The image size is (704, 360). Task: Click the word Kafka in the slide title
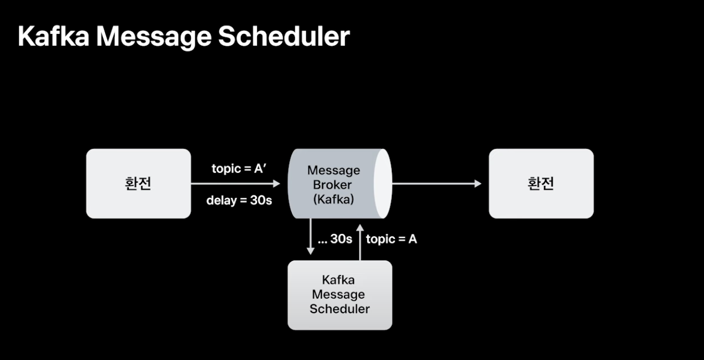[53, 37]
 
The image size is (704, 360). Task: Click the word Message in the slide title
[154, 38]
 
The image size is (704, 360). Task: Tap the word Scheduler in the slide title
[284, 37]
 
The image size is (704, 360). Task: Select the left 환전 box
[139, 183]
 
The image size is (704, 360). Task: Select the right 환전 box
[541, 183]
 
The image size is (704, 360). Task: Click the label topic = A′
[239, 169]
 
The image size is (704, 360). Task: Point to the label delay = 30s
[239, 200]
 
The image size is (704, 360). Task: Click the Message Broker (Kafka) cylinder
[340, 184]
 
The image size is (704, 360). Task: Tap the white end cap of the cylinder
[383, 184]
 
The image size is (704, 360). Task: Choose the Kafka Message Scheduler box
[340, 295]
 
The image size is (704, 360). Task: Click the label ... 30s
[335, 239]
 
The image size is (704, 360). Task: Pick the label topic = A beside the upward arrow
[391, 239]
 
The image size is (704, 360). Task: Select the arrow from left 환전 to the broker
[236, 184]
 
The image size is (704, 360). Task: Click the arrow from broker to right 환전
[437, 184]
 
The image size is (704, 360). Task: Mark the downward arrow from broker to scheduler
[310, 237]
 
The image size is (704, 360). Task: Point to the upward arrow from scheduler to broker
[360, 242]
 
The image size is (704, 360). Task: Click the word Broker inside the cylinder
[332, 185]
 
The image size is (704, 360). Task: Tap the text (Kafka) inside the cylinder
[334, 199]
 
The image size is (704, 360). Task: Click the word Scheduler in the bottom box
[340, 309]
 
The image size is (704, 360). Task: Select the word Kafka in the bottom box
[338, 280]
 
